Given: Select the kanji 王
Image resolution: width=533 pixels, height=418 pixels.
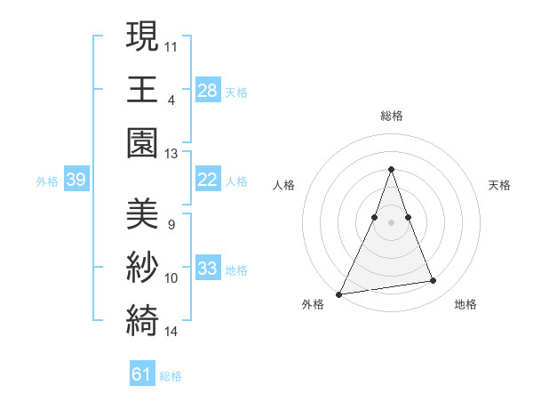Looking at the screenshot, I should coord(143,89).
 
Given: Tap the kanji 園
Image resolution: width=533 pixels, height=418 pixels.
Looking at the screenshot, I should coord(143,142).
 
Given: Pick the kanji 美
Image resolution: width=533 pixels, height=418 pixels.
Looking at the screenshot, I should coord(143,213).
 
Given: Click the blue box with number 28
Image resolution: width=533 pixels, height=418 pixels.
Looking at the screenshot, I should coord(207,90).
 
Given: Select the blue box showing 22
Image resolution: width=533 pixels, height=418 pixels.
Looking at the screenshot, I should coord(207,180).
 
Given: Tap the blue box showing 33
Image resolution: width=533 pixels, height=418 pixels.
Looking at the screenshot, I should coord(207,269).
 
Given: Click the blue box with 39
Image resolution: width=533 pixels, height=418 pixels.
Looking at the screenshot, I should coord(76,180).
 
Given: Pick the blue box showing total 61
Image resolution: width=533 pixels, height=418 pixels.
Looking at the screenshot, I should coord(141,374).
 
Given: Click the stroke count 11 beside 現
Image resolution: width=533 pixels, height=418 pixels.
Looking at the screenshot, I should coord(171,45).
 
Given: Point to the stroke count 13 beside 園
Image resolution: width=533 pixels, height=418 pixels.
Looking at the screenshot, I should coord(171,153).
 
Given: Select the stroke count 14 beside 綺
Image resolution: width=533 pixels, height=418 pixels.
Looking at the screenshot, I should coord(171,332).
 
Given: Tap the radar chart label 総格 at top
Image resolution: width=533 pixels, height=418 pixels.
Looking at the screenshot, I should coord(391,116).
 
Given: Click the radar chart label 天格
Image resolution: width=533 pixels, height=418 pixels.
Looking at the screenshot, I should coord(499,185).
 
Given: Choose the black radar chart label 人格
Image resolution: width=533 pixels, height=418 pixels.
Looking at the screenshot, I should coord(283,185).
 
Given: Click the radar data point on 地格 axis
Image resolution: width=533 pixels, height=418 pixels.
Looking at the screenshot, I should coord(434,281).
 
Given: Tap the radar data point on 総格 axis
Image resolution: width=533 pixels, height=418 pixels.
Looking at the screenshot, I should coord(391,169).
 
